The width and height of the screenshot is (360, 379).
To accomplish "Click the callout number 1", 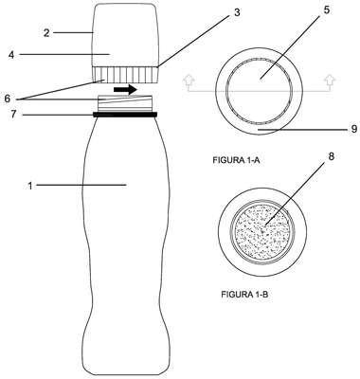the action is pos(30,187).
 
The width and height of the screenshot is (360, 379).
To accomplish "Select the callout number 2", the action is pos(46,33).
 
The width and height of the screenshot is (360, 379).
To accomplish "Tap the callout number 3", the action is pos(237,12).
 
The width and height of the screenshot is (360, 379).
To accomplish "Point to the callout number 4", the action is pos(11,55).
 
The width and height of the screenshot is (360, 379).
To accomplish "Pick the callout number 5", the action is pos(326,9).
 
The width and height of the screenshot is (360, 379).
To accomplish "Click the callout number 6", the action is pos(8,99).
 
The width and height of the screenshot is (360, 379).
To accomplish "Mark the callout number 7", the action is pos(13,114).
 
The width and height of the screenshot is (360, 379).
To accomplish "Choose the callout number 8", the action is pos(332,156).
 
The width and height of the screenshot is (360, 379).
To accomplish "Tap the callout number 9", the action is pos(354,129).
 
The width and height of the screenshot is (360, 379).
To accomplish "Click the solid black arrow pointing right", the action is pos(125,90).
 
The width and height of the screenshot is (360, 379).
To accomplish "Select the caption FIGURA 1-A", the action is pos(236,160).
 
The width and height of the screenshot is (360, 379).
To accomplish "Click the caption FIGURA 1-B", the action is pos(244,295).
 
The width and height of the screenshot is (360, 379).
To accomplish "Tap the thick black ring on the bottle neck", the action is pos(125,115).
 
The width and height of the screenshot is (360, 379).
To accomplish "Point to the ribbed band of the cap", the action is pos(125,75).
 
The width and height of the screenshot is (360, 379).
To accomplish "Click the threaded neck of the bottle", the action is pos(125,103).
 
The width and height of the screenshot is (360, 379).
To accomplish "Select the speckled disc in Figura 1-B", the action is pos(262,232).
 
